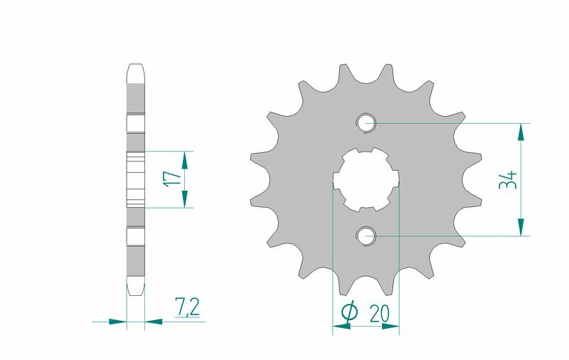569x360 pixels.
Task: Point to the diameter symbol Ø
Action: (350, 312)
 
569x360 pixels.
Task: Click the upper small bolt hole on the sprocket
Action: (366, 122)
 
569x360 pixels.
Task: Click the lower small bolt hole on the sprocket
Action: (366, 235)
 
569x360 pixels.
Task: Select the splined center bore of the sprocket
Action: (366, 179)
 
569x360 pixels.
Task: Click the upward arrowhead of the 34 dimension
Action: (523, 131)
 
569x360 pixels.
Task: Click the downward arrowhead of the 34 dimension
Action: (523, 226)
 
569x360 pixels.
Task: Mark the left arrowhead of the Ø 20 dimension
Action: (342, 327)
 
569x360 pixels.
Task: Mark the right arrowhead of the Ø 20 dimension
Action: (390, 327)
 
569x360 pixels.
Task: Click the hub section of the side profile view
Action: (136, 179)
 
